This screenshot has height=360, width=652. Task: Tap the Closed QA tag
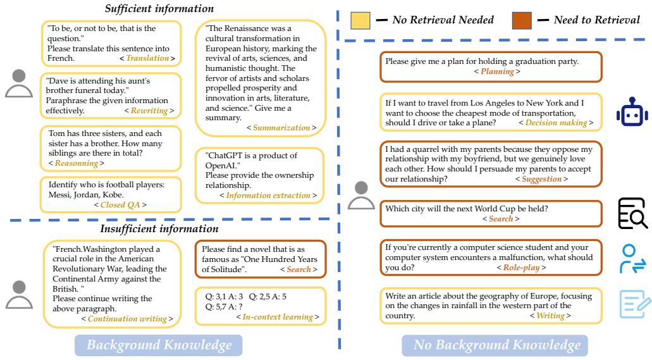(x=120, y=205)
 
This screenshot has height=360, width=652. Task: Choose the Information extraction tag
(x=268, y=196)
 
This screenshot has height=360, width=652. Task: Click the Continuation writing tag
(x=127, y=319)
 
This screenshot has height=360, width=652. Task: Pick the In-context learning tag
(x=278, y=316)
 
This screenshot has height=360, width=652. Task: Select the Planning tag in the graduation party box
(x=497, y=72)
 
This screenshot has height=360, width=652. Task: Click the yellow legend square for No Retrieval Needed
(x=360, y=21)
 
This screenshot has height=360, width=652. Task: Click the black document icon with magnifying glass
(x=632, y=213)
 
